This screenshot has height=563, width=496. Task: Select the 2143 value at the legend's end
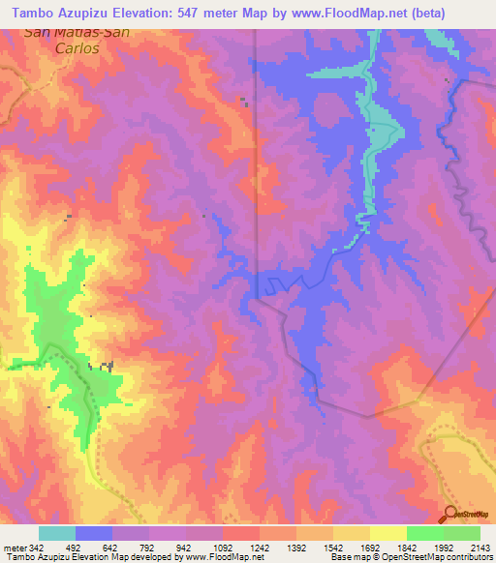coord(480,547)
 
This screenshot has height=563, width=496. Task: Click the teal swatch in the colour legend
coord(57,533)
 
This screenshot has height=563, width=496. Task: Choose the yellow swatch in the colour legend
coord(388,533)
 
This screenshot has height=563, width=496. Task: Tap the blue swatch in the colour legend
coord(94,533)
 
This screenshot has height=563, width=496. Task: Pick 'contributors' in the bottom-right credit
coord(468,557)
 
